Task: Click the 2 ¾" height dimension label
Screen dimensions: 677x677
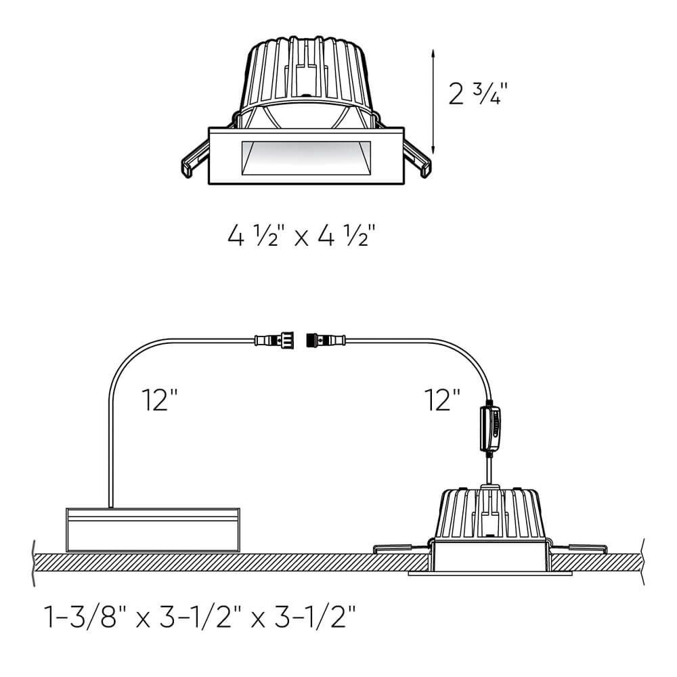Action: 477,93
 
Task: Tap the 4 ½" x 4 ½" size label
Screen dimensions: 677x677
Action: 301,236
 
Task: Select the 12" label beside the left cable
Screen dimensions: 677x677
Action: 159,399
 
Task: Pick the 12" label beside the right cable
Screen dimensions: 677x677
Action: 443,399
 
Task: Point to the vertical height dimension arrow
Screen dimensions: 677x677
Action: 433,102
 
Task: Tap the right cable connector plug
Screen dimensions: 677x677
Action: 326,341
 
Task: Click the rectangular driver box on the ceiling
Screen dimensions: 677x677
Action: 153,530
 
